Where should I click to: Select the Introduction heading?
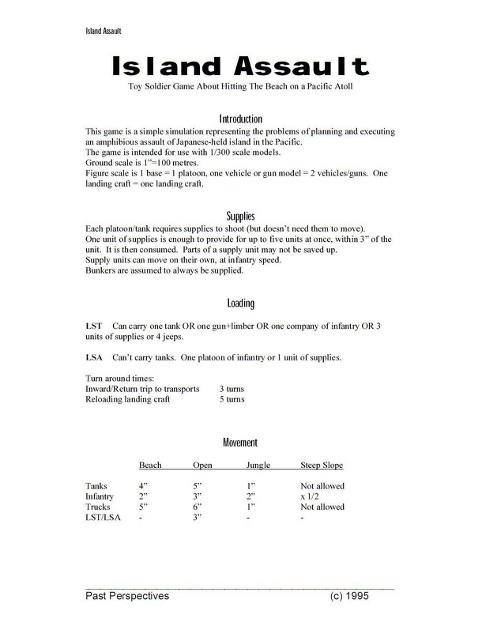240,117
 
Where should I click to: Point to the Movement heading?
240,442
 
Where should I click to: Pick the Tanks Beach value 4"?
144,485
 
